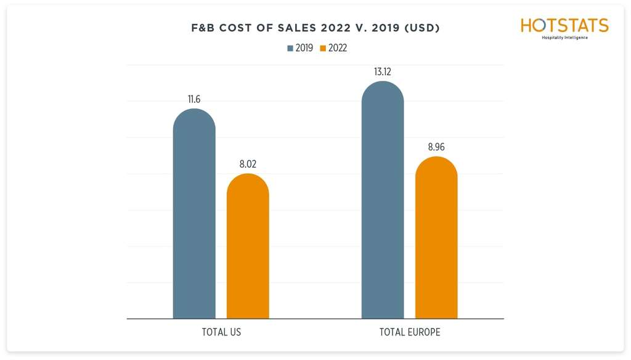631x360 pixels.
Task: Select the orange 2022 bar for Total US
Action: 248,247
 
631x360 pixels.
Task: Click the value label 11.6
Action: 194,99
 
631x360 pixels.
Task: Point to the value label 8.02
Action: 248,164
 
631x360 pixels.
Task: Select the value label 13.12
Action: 383,72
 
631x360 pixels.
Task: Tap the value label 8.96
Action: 436,147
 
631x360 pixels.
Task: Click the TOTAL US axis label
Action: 221,332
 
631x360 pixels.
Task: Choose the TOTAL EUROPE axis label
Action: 410,332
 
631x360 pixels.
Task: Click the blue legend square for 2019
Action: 290,48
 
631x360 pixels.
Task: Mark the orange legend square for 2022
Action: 323,48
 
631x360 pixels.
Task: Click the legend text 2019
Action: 304,48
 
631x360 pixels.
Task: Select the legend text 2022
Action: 338,48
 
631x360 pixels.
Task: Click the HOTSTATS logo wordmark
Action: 564,25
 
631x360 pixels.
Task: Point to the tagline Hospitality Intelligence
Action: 564,38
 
